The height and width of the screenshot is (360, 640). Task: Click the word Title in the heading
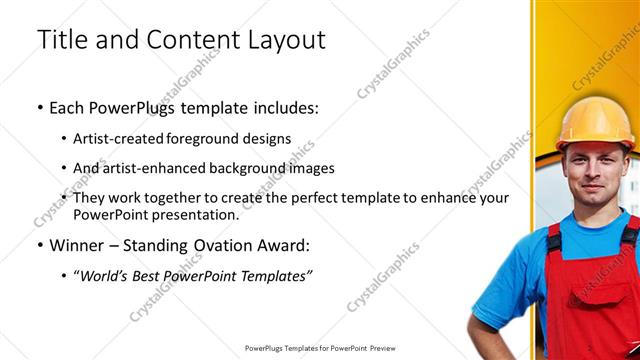[x=61, y=40]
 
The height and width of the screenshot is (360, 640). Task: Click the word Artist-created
[x=115, y=138]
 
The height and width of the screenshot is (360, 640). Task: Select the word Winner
[x=77, y=245]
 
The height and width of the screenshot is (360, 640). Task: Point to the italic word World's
[x=105, y=275]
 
